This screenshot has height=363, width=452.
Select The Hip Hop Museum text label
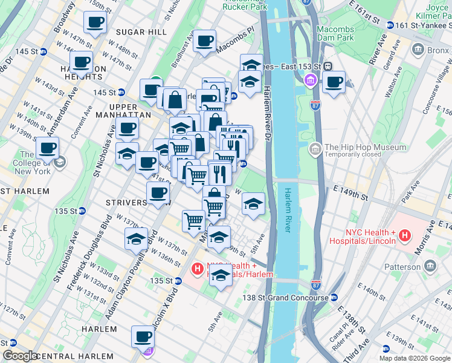click(x=365, y=147)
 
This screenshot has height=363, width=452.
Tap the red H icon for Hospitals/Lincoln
click(x=405, y=236)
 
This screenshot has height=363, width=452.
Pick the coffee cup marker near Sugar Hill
click(x=95, y=23)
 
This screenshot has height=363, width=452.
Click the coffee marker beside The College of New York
click(x=47, y=148)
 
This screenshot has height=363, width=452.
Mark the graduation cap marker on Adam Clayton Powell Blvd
click(x=137, y=238)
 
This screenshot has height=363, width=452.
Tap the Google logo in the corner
click(x=21, y=356)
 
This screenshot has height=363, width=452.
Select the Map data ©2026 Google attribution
click(x=414, y=358)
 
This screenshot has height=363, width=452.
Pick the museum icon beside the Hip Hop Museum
click(x=315, y=148)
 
